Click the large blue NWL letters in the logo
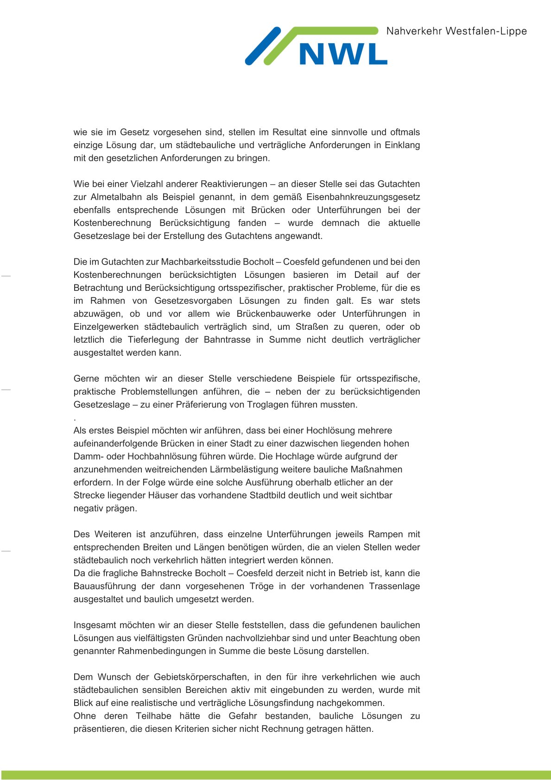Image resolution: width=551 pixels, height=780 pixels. [343, 54]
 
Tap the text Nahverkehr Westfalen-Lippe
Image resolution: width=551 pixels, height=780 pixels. [456, 31]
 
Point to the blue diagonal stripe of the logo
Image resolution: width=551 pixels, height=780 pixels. [263, 46]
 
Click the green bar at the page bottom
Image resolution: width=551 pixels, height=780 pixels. [275, 775]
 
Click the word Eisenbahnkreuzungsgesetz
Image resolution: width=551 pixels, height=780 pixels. [363, 197]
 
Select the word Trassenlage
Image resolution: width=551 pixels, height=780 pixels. [394, 586]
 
